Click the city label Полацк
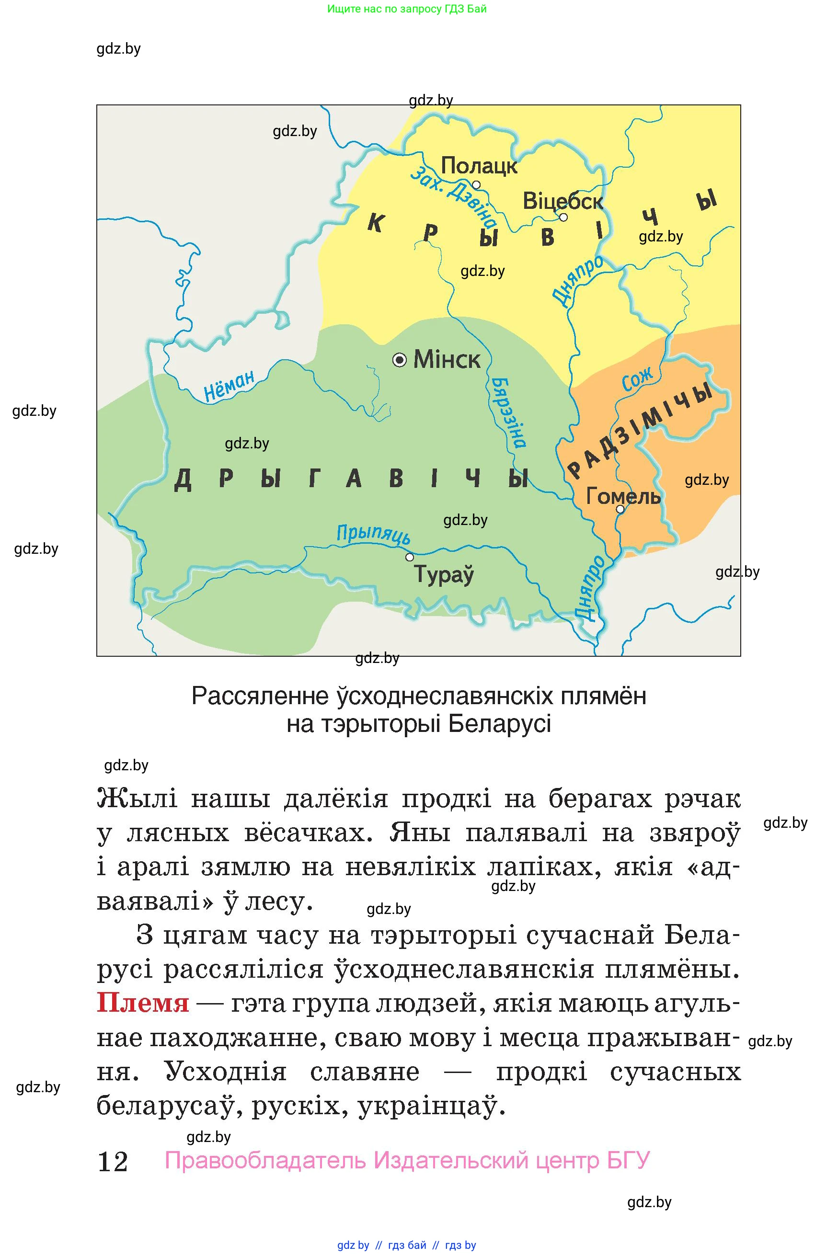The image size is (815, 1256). [479, 166]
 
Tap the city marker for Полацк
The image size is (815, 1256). [476, 185]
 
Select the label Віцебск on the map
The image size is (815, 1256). [562, 201]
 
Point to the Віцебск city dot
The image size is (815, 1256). [563, 217]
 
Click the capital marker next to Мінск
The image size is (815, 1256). [400, 360]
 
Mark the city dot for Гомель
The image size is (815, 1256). [620, 509]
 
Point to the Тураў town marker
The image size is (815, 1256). [409, 557]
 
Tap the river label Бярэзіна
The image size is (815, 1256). [508, 411]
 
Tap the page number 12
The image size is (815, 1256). [113, 1162]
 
